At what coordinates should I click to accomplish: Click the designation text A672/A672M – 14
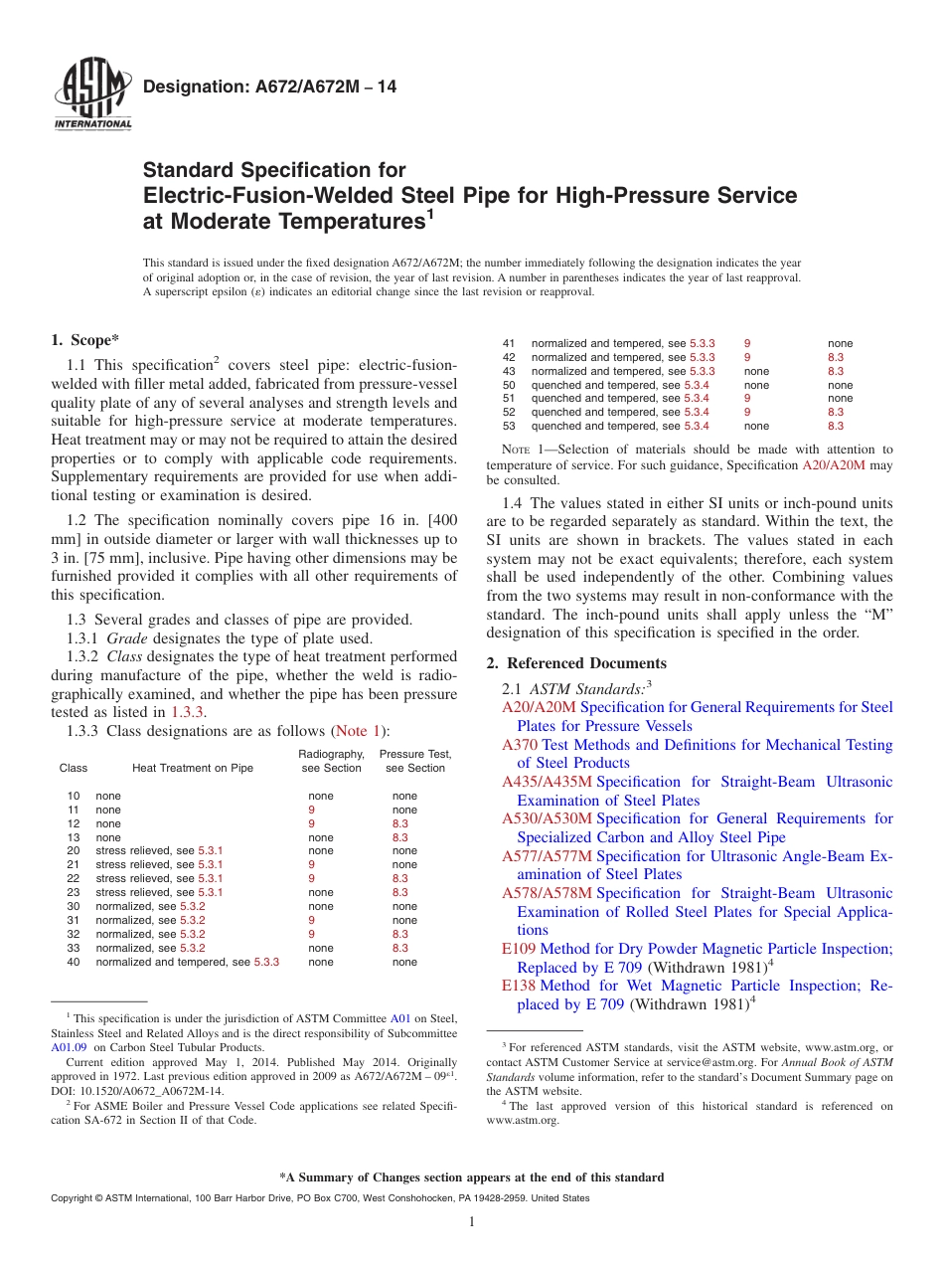[x=269, y=88]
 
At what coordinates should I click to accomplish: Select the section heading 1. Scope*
[x=85, y=340]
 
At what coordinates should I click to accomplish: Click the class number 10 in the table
[x=74, y=796]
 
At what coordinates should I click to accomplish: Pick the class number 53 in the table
[x=509, y=426]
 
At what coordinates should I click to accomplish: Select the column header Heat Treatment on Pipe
[x=193, y=768]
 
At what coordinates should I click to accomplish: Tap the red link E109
[x=519, y=949]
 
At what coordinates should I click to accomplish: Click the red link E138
[x=519, y=986]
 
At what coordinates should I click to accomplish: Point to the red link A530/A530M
[x=547, y=818]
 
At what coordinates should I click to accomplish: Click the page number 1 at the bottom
[x=472, y=1222]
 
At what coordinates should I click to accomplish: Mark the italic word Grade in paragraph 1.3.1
[x=126, y=638]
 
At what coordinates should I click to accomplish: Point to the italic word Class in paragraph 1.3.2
[x=125, y=657]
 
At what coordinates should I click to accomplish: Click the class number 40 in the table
[x=74, y=962]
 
